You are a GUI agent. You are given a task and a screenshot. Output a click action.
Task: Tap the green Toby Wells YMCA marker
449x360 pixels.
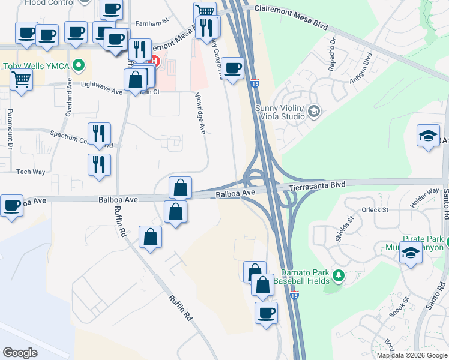click(77, 65)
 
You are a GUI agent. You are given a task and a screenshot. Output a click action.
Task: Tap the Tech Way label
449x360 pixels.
click(31, 172)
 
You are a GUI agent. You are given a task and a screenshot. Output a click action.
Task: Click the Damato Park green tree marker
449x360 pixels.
click(339, 275)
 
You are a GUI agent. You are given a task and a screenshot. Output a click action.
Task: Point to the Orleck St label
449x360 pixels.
click(376, 210)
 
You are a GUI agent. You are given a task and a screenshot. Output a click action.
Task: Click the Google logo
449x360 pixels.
click(20, 352)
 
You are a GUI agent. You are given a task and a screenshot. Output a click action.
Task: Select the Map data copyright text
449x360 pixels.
click(411, 355)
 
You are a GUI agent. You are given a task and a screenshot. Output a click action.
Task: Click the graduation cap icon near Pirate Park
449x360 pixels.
click(411, 253)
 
